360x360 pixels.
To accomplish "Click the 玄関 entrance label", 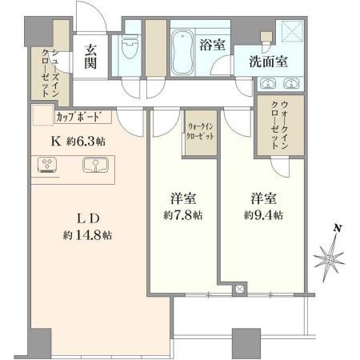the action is pos(90,57).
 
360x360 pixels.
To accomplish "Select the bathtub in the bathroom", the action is pos(182,52).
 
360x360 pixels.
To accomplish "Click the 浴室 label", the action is pos(213,45).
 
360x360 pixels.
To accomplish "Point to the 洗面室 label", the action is pos(268,62).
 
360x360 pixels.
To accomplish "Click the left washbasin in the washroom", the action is pos(267,83).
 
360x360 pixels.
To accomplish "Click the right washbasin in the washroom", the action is pos(291,83).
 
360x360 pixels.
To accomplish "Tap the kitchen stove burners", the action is pos(47,165).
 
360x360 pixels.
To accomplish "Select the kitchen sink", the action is pos(95,165).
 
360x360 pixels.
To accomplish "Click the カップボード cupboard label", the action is pos(79,117).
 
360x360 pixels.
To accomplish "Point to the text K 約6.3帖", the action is pos(78,142).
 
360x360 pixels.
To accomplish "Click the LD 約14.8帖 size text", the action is pos(87,226).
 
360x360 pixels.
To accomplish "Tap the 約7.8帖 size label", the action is pos(183,215).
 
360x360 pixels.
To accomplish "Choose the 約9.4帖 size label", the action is pos(263,215).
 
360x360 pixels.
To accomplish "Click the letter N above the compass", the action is pos(338,228).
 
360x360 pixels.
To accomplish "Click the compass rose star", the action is pos(330,258).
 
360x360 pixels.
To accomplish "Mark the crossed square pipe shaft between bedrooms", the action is pos(240,289).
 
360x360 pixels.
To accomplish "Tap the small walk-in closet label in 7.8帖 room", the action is pos(200,131).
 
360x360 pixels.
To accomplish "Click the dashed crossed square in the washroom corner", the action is pos(293,30).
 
